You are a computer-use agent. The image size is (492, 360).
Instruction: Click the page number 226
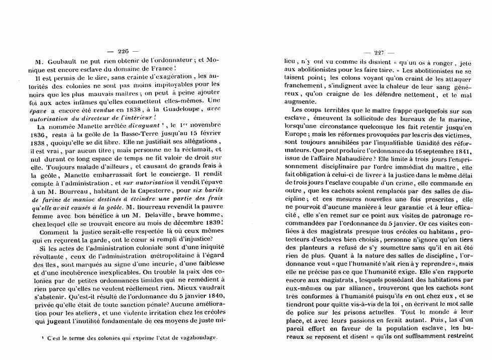(123, 51)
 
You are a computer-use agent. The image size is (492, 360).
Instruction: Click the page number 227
(377, 51)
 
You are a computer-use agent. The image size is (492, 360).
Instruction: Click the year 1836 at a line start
(40, 136)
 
